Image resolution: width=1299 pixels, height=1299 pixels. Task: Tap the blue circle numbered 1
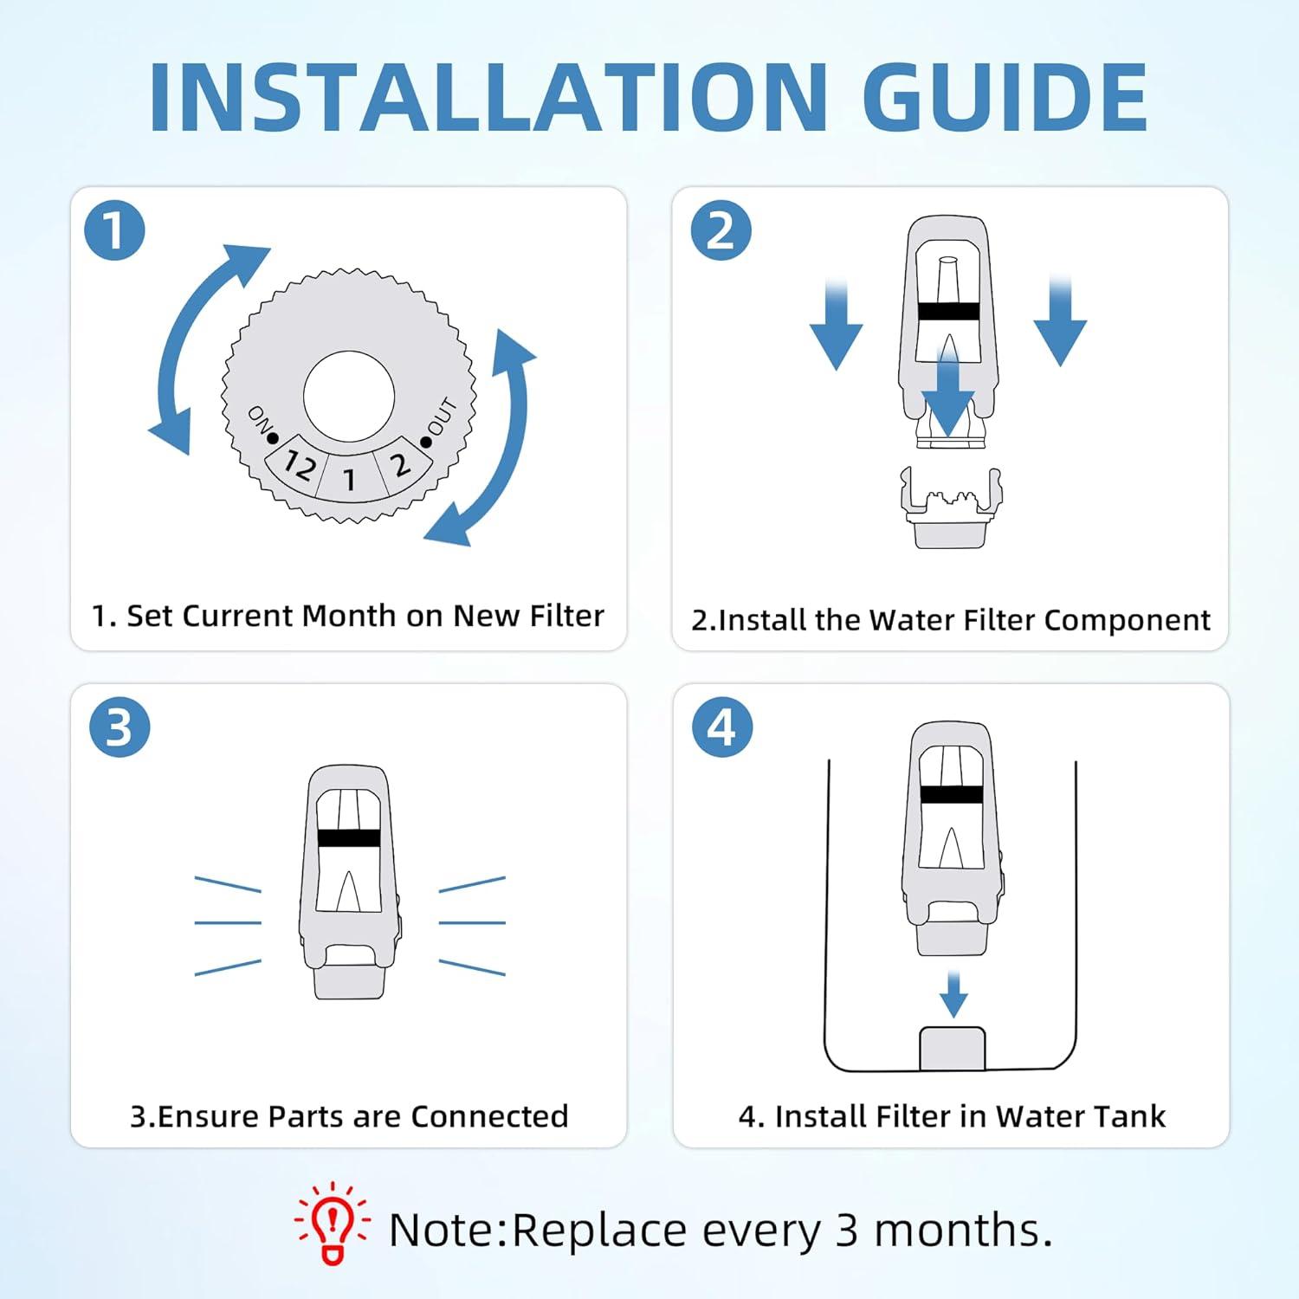pos(114,230)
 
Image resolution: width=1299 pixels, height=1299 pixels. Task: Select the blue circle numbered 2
pos(721,230)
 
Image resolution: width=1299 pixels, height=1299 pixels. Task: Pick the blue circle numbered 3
pos(120,727)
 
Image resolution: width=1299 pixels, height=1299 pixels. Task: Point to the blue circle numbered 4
pos(721,727)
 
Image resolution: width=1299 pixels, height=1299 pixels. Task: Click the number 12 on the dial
pos(300,467)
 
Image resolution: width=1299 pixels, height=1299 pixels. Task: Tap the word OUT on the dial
pos(441,417)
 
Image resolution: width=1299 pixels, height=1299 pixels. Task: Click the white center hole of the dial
pos(349,397)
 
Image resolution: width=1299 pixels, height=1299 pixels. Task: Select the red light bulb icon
pos(333,1224)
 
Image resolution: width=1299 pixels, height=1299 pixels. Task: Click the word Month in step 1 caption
pos(350,616)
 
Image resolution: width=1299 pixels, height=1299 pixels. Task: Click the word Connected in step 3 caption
pos(489,1116)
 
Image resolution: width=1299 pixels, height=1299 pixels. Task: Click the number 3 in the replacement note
pos(847,1230)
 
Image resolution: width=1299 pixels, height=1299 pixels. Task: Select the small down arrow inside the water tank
pos(953,994)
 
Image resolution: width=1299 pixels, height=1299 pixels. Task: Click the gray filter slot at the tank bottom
pos(952,1048)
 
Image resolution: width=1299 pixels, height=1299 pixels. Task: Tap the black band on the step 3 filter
pos(348,837)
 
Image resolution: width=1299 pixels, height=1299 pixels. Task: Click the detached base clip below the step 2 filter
pos(950,509)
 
